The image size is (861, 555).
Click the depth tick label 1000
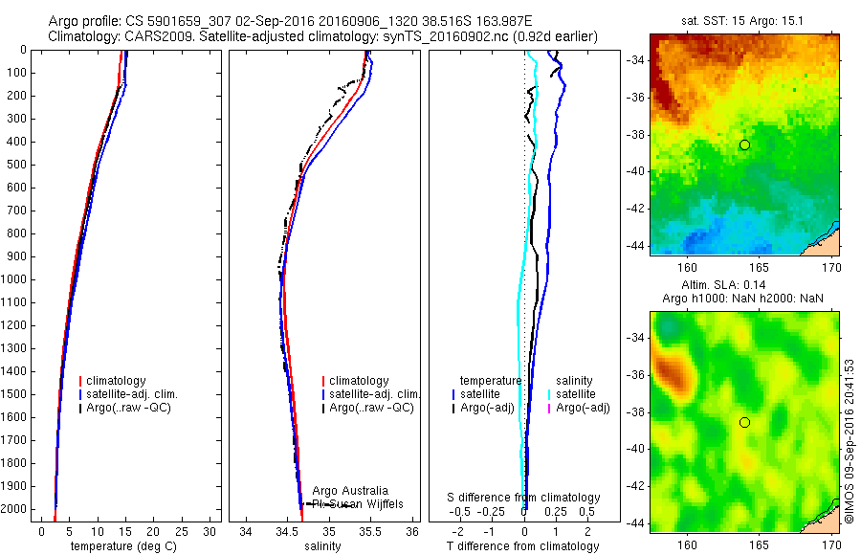click(x=15, y=279)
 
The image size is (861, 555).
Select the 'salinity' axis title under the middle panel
click(x=322, y=546)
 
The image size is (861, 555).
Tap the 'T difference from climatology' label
click(x=522, y=546)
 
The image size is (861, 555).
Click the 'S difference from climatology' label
click(x=524, y=498)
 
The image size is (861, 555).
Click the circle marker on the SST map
click(x=744, y=144)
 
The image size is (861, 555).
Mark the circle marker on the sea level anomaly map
click(x=744, y=422)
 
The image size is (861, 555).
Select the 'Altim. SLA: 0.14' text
click(x=743, y=286)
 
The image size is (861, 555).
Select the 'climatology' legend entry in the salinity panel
click(x=359, y=381)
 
